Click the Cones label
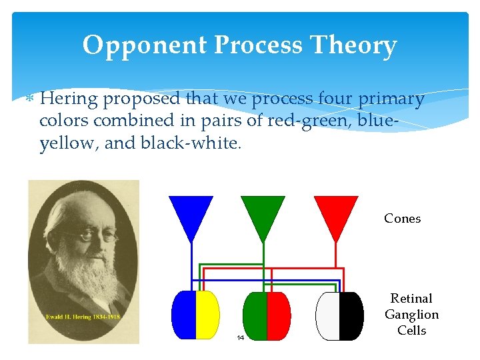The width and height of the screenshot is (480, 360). (402, 219)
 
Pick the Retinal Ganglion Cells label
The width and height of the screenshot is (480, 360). (411, 315)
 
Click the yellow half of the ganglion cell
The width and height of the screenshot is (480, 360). (207, 315)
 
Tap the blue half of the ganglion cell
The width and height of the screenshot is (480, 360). (183, 315)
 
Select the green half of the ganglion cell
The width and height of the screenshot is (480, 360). (255, 315)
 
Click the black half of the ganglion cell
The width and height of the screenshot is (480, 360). (351, 315)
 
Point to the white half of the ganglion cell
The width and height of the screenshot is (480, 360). (327, 315)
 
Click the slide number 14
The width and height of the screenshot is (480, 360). (241, 337)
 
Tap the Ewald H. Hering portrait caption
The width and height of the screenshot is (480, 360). (83, 317)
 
